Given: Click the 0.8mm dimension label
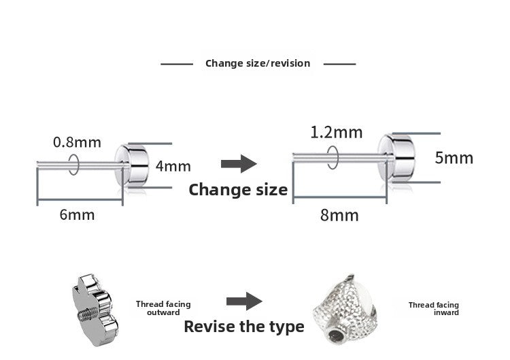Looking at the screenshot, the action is click(x=77, y=142).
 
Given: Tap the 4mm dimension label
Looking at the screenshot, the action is click(x=173, y=166).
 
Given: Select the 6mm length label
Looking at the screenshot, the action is click(x=77, y=215).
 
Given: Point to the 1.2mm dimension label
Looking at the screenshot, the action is click(x=337, y=133).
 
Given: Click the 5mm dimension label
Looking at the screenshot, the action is click(x=454, y=158).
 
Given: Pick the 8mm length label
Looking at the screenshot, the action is click(x=339, y=216).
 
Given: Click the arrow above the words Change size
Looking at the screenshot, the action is click(x=239, y=164).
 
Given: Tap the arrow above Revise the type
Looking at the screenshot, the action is click(x=244, y=301).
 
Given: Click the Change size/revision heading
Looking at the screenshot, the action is click(x=258, y=63).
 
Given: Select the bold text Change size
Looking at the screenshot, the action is click(x=238, y=190).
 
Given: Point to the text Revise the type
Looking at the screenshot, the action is click(x=244, y=327).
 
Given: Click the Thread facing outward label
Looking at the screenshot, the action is click(x=163, y=308).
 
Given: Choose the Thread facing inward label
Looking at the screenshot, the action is click(x=434, y=308).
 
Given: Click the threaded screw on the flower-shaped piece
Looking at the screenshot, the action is click(x=86, y=314).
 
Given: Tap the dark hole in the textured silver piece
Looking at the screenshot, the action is click(x=336, y=335).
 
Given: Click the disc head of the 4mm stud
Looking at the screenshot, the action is click(x=132, y=165).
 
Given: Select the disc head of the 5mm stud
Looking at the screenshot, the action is click(x=396, y=158).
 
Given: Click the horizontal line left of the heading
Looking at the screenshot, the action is click(x=177, y=64).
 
